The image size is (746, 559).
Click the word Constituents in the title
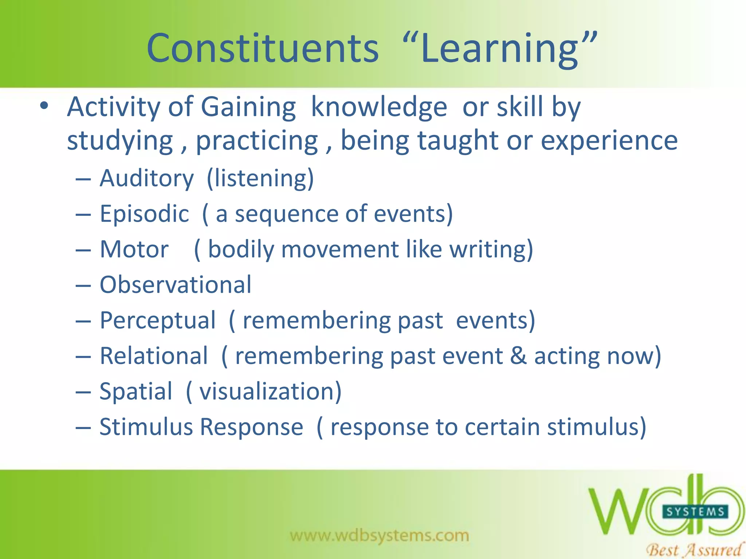pos(262,48)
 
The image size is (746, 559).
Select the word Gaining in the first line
pos(248,107)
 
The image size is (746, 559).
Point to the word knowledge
pos(379,107)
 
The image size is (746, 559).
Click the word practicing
pos(257,141)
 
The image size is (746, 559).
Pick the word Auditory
pos(147,179)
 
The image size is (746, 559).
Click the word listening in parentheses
pos(260,179)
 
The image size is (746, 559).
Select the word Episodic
pos(144,214)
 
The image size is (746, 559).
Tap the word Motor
pos(134,249)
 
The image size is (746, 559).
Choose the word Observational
pos(176,285)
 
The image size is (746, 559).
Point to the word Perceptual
pos(158,321)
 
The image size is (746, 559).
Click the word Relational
pos(154,356)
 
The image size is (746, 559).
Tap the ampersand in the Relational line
pos(518,356)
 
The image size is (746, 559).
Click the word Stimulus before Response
pos(146,427)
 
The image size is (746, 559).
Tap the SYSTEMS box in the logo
pos(695,512)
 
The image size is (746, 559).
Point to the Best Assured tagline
pos(694,550)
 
